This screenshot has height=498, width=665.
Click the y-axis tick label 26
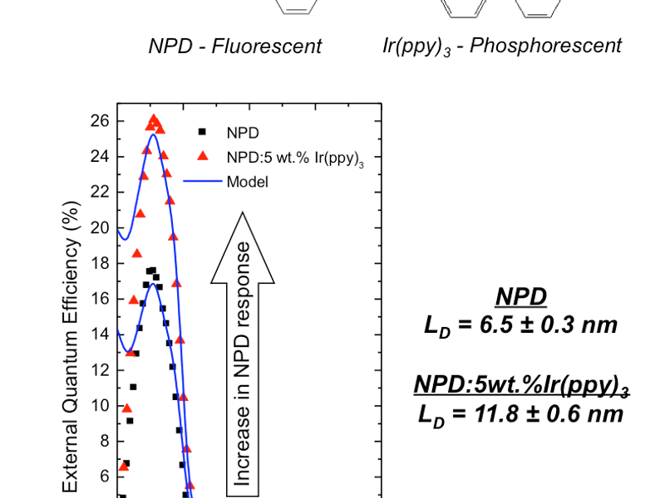[x=100, y=121]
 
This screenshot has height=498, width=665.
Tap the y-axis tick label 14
[x=100, y=334]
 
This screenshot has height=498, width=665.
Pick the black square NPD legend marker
[x=201, y=131]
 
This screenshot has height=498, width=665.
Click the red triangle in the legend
[x=201, y=156]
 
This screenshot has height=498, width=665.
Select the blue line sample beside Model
[x=201, y=181]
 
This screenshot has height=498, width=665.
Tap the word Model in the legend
[x=248, y=181]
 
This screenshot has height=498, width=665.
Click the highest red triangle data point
[x=154, y=120]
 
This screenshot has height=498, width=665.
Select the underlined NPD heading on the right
[x=521, y=296]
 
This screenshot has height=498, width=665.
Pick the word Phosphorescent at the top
[x=545, y=45]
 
